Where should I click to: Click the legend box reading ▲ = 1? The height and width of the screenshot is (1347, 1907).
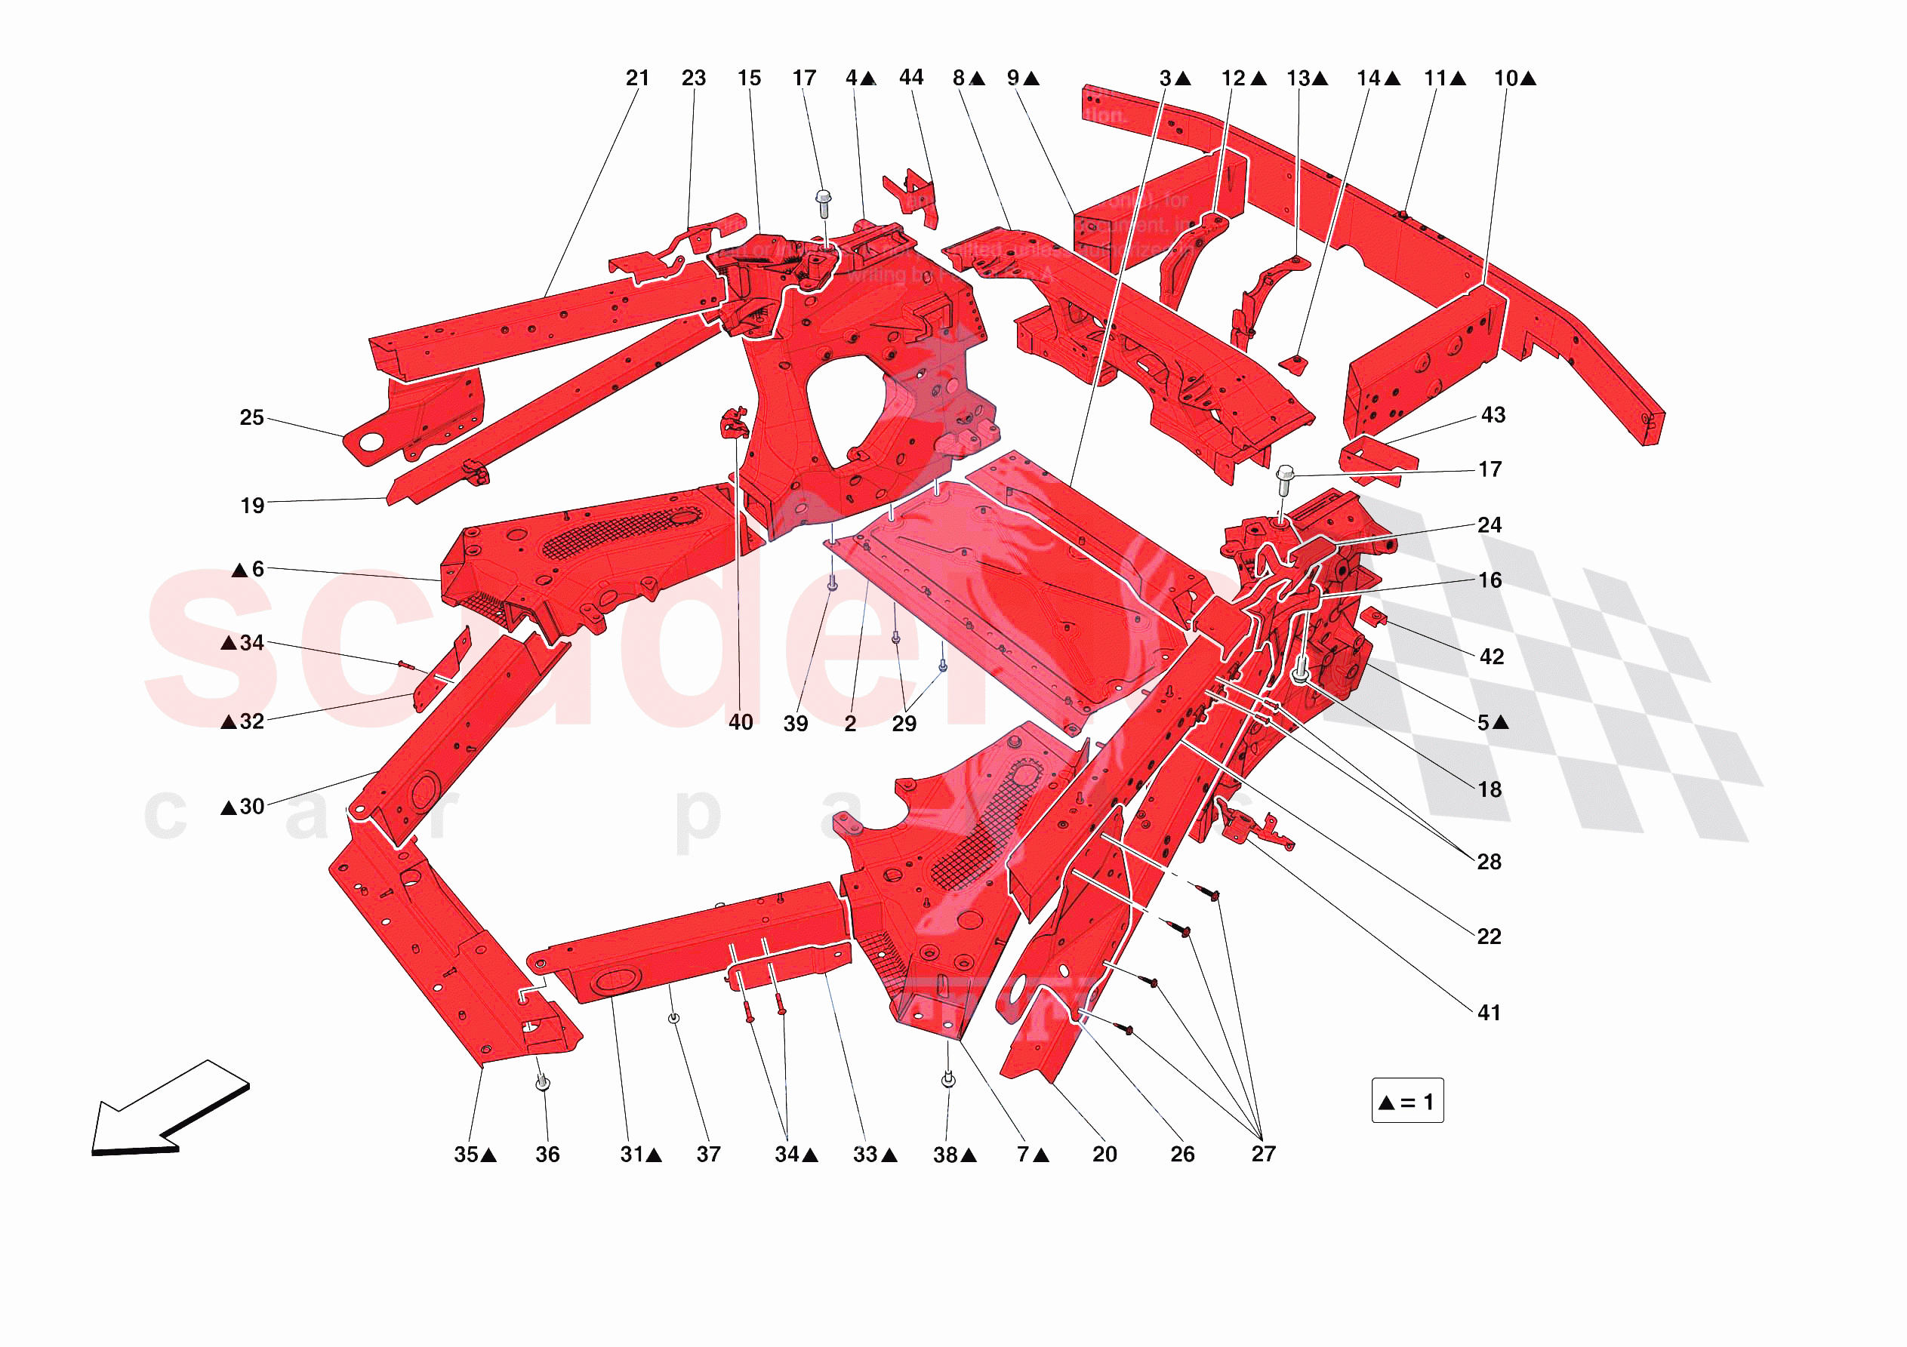coord(1406,1101)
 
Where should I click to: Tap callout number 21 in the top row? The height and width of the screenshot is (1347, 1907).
coord(637,78)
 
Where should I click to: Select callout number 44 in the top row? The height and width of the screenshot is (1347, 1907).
coord(911,77)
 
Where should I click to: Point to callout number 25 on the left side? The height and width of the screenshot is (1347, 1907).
coord(251,418)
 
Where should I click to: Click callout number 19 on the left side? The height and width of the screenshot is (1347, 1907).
coord(252,506)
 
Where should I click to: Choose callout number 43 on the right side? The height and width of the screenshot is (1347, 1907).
coord(1493,415)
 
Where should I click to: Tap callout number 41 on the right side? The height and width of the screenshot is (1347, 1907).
coord(1489,1013)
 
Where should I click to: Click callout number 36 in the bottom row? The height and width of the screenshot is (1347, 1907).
coord(547,1155)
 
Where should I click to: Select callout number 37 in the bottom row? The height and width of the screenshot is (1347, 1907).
coord(708,1155)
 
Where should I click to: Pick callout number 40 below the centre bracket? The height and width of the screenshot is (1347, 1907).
coord(741,722)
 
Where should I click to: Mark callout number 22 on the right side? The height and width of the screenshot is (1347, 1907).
coord(1489,936)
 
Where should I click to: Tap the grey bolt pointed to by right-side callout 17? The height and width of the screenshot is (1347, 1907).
coord(1285,478)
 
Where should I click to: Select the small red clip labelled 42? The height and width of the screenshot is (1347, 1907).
coord(1372,617)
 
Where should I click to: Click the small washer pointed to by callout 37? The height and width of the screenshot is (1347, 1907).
coord(673,1018)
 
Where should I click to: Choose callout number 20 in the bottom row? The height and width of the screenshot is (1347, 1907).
coord(1104,1155)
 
